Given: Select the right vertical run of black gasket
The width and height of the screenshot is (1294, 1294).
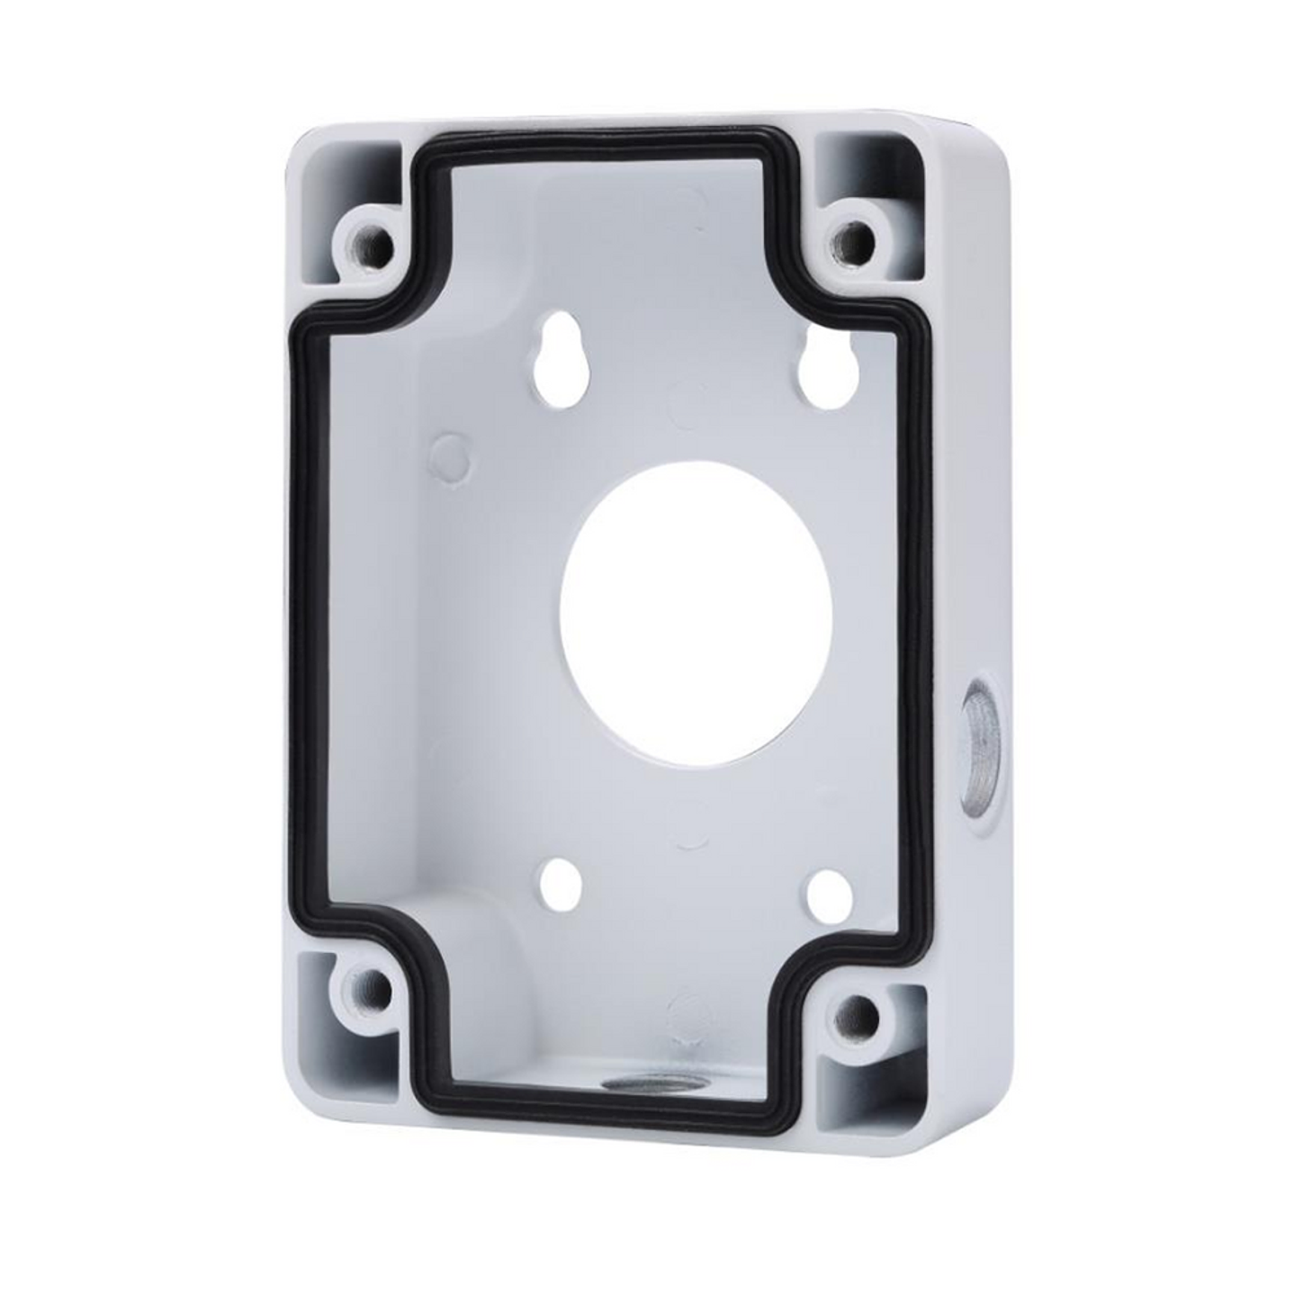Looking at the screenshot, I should [924, 630].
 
